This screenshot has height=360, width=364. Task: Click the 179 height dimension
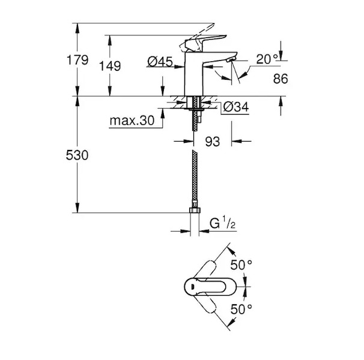(77, 60)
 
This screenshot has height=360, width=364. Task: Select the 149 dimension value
(110, 66)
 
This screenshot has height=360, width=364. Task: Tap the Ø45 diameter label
(160, 62)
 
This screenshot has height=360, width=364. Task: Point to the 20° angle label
(267, 59)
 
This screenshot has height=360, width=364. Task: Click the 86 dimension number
(281, 79)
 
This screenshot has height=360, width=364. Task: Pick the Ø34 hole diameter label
(235, 107)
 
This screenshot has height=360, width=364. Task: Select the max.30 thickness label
(132, 121)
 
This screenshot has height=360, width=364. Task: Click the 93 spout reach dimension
(213, 141)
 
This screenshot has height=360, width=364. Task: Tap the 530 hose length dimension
(77, 155)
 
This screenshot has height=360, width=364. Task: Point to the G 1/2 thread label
(222, 223)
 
